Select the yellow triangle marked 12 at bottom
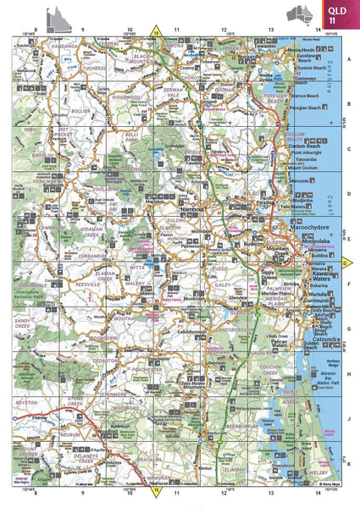point(155,489)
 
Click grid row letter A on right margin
point(348,60)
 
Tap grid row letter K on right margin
point(348,463)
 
